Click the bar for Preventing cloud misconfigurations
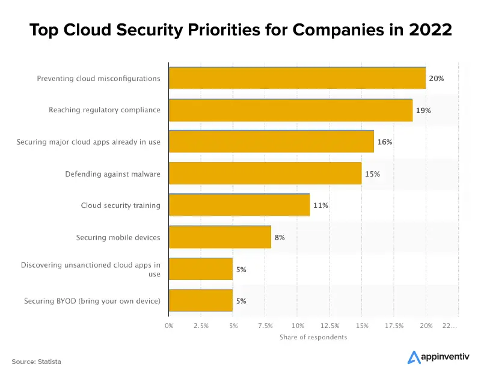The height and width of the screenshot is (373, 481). click(x=297, y=78)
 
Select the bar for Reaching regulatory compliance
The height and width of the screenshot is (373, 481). click(x=290, y=110)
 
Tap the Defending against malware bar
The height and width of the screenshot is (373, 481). click(x=265, y=174)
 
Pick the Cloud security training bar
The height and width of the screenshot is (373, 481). click(x=239, y=205)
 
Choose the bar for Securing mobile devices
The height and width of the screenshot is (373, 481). click(x=220, y=237)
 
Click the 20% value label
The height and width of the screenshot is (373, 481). click(x=436, y=79)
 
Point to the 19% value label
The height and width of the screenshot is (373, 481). click(x=423, y=111)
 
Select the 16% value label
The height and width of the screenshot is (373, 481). click(x=384, y=142)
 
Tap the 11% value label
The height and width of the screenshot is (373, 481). click(x=320, y=205)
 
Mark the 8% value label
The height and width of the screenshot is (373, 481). click(x=280, y=237)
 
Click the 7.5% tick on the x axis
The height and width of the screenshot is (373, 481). click(x=265, y=325)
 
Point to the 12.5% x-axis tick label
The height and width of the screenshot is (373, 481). click(x=329, y=325)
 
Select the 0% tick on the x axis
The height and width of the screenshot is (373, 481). click(x=169, y=325)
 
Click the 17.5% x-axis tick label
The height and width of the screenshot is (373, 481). click(x=394, y=325)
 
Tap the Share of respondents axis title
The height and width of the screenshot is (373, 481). click(x=313, y=337)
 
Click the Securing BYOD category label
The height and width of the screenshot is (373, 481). click(x=92, y=301)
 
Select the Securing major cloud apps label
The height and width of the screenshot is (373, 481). click(x=88, y=142)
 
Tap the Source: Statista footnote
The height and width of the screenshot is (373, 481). click(x=36, y=362)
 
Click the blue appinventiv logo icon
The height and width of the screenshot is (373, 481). click(x=414, y=357)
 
